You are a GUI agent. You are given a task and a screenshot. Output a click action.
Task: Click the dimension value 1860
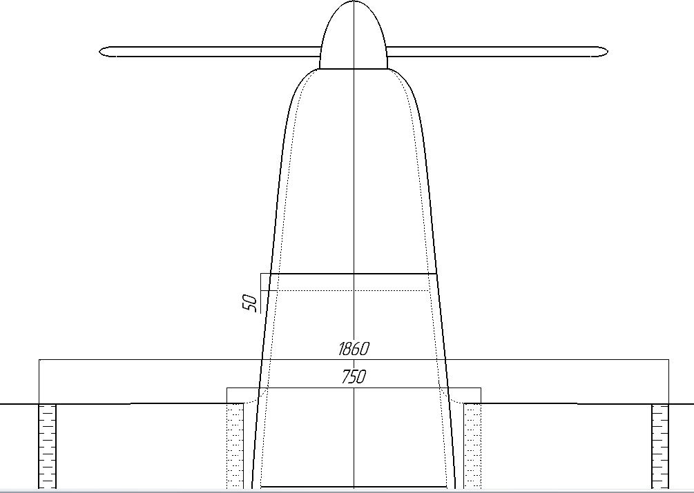click(x=354, y=349)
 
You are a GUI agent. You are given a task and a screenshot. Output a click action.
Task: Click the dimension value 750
click(x=354, y=377)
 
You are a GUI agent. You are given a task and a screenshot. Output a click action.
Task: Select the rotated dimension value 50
click(x=250, y=302)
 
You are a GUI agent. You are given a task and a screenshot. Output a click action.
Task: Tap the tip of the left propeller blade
click(x=101, y=51)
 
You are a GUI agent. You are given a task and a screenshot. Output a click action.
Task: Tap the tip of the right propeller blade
click(x=606, y=51)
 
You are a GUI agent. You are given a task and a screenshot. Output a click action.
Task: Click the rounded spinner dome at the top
click(x=354, y=34)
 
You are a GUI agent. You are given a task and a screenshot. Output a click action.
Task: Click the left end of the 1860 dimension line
click(x=39, y=360)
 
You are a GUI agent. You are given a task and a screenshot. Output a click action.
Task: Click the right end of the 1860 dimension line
click(x=668, y=360)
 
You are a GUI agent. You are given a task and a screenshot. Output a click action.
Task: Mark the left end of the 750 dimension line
click(x=228, y=388)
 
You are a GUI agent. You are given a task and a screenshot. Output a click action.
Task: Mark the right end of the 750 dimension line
click(x=481, y=388)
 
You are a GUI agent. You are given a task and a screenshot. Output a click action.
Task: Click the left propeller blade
click(x=207, y=51)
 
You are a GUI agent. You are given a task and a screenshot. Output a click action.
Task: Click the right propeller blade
click(x=497, y=51)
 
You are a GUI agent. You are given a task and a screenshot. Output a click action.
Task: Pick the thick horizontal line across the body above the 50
click(x=354, y=274)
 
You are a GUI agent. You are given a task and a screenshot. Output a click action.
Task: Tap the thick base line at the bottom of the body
click(x=354, y=487)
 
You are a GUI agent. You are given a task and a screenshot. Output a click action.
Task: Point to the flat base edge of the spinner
click(x=354, y=69)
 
